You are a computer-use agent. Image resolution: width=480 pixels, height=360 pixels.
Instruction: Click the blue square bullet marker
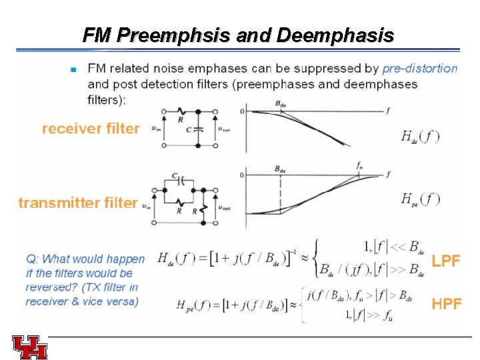pyautogui.click(x=73, y=69)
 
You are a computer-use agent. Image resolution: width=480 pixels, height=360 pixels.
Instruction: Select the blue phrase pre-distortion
pyautogui.click(x=420, y=68)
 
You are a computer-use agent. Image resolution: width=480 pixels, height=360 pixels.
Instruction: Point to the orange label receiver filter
pyautogui.click(x=91, y=128)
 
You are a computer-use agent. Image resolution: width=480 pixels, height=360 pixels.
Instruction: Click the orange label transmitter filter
pyautogui.click(x=78, y=202)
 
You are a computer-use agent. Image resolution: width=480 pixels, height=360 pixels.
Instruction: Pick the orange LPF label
pyautogui.click(x=446, y=261)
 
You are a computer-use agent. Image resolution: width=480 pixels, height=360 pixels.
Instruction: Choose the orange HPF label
pyautogui.click(x=447, y=304)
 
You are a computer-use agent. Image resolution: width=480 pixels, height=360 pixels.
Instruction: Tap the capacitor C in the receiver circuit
pyautogui.click(x=197, y=131)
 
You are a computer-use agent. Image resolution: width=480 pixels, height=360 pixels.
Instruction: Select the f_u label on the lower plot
pyautogui.click(x=360, y=165)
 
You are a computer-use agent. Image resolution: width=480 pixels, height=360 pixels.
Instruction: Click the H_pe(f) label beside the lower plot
pyautogui.click(x=420, y=198)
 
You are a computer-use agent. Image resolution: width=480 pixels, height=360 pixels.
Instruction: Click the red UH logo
pyautogui.click(x=29, y=347)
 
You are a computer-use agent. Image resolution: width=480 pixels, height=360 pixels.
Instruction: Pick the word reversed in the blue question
pyautogui.click(x=48, y=287)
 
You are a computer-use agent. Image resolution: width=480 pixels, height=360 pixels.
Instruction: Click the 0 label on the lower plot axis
pyautogui.click(x=242, y=175)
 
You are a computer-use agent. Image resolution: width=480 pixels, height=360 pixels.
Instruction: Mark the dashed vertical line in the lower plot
pyautogui.click(x=281, y=193)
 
